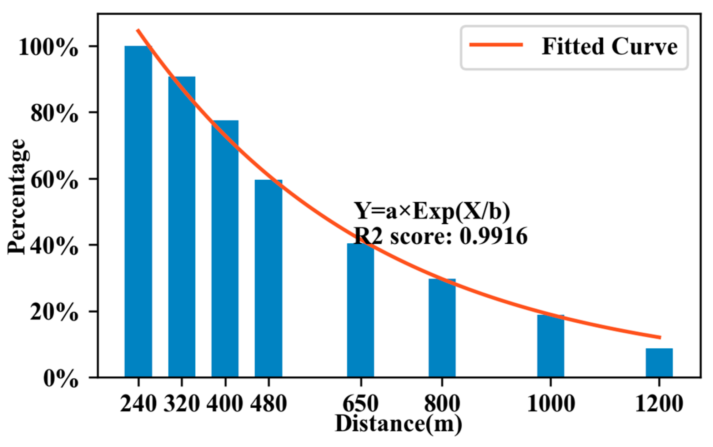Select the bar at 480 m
point(268,278)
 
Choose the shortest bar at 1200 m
point(659,363)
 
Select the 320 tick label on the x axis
point(181,404)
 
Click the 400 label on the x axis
point(225,404)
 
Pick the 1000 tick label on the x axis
point(551,404)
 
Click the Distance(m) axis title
point(398,424)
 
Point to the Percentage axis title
point(17,197)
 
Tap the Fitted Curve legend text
point(609,46)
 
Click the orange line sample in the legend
point(496,45)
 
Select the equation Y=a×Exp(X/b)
point(432,211)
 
